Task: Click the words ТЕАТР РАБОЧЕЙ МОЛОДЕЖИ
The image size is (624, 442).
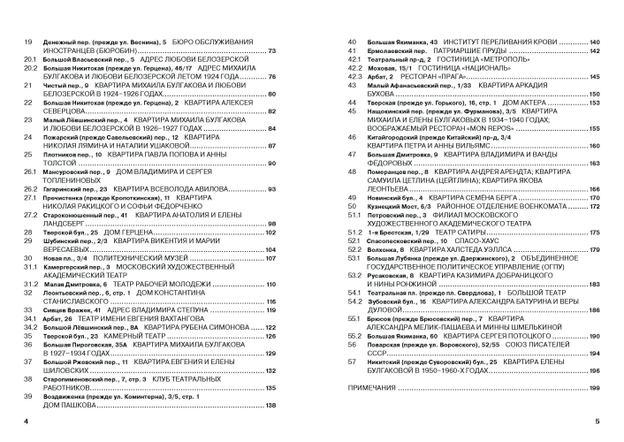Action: click(163, 284)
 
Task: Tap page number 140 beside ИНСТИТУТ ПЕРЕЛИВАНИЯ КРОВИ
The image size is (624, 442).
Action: click(595, 42)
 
